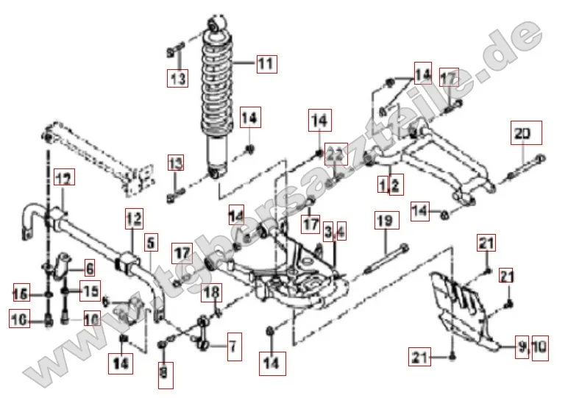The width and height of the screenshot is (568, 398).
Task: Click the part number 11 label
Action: pyautogui.click(x=266, y=64)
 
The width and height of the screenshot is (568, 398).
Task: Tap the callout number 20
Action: pyautogui.click(x=525, y=134)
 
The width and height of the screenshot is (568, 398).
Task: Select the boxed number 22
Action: pyautogui.click(x=336, y=154)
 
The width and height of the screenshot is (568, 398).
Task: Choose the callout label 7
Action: pyautogui.click(x=232, y=344)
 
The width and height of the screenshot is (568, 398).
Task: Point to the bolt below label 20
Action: pyautogui.click(x=524, y=167)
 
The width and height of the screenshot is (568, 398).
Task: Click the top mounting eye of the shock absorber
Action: pyautogui.click(x=218, y=26)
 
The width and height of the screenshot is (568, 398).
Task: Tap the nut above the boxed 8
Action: pyautogui.click(x=163, y=343)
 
